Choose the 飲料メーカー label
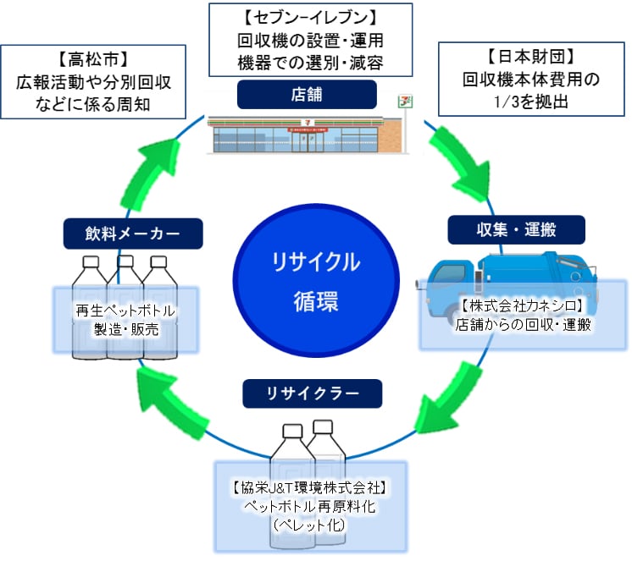click(x=133, y=233)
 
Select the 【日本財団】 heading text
click(x=532, y=57)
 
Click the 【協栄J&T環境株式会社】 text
click(x=310, y=487)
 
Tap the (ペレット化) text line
click(x=309, y=525)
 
